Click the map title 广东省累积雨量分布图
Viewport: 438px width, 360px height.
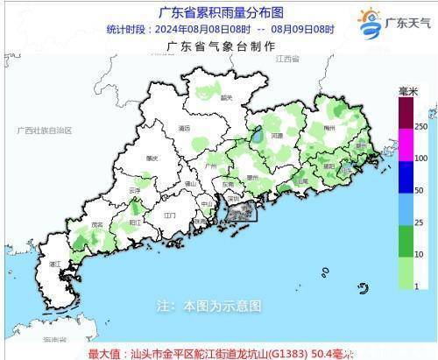220,13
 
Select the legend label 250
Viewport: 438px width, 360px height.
420,128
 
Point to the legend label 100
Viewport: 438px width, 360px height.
420,159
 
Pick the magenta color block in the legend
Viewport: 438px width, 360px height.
405,144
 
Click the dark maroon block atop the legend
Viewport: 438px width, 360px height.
405,112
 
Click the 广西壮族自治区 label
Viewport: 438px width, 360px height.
44,130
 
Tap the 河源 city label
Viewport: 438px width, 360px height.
276,136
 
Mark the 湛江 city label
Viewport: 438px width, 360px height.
55,263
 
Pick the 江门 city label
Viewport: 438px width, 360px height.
170,214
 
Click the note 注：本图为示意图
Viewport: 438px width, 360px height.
208,307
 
